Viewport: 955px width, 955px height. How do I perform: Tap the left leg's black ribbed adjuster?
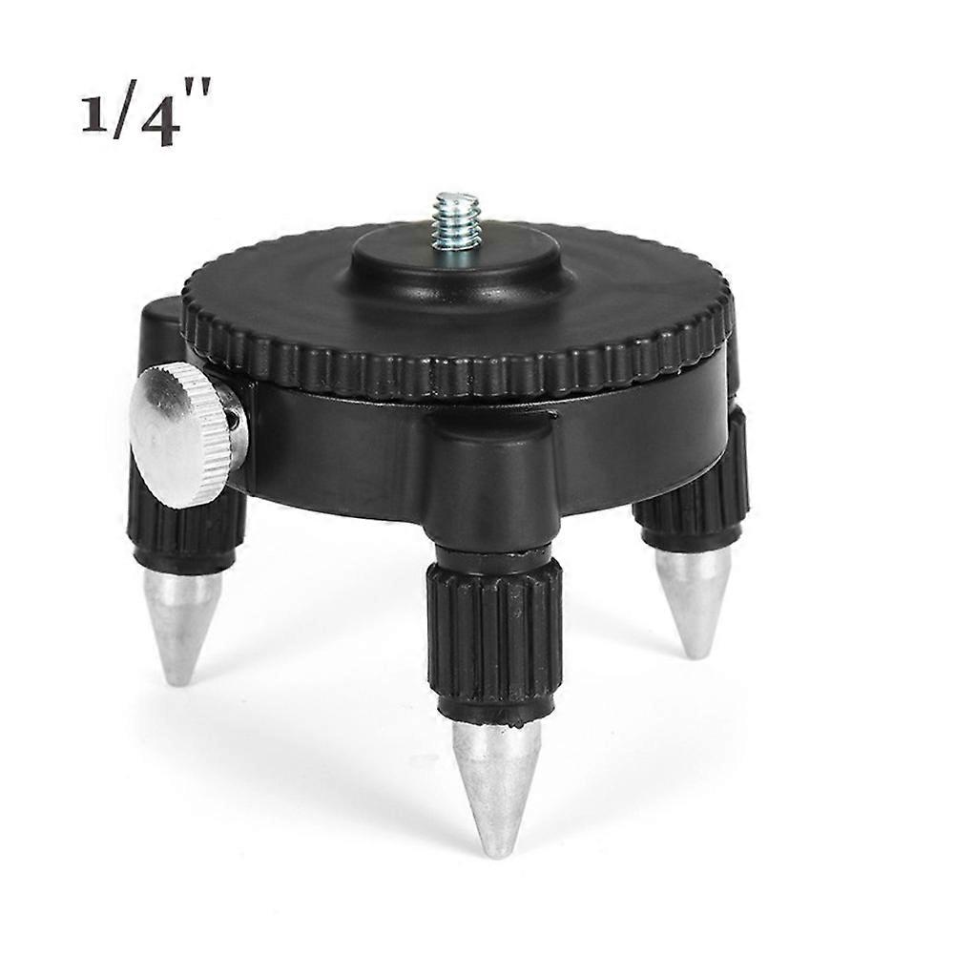click(186, 529)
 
